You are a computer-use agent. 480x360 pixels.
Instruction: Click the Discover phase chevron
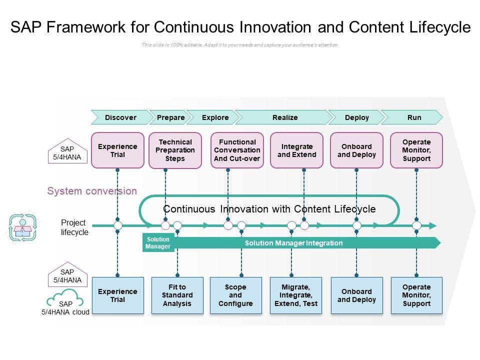point(120,117)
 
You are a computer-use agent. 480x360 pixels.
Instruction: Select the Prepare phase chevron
point(170,117)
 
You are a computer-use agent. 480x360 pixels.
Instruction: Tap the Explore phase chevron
point(215,117)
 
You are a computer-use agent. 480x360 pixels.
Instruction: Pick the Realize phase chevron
point(285,117)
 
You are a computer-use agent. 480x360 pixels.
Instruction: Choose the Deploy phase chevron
point(356,117)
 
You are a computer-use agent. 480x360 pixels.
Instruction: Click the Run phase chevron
point(414,117)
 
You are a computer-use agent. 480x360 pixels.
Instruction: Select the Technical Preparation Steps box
point(175,150)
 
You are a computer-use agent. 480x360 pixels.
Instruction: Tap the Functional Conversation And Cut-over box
point(237,150)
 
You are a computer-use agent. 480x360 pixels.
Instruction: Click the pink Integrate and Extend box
point(297,150)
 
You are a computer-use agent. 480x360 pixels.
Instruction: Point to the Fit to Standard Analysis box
point(177,295)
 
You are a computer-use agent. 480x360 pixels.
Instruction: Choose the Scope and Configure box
point(235,295)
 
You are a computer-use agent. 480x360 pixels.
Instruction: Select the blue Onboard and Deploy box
point(356,295)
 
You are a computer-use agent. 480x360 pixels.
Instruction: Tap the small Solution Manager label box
point(158,243)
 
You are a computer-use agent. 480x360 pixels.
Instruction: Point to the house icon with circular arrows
point(22,227)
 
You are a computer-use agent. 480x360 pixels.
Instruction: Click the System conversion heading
point(92,191)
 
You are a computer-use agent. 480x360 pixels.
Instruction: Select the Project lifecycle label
point(74,227)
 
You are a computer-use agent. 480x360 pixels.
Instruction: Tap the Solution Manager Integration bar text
point(293,243)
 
